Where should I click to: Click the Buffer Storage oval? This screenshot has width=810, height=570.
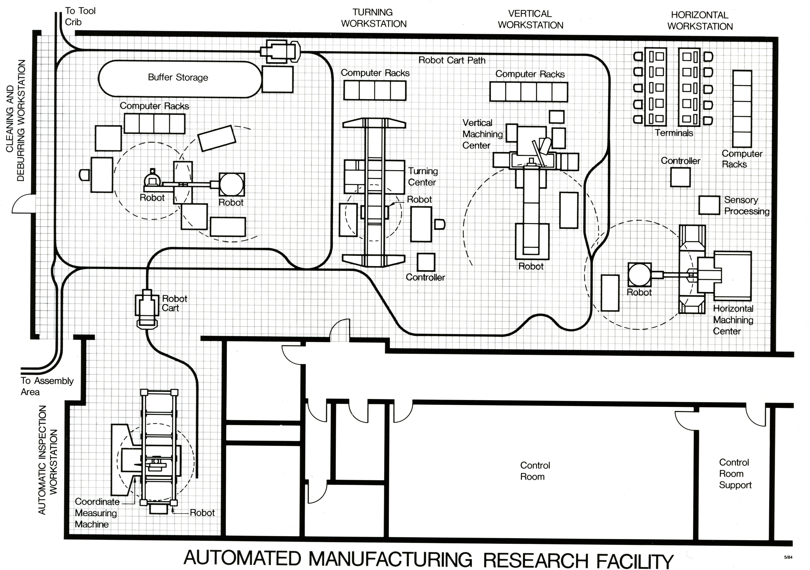click(178, 78)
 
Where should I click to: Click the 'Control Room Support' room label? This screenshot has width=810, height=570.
click(735, 474)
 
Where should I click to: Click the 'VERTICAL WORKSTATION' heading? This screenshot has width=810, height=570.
click(530, 19)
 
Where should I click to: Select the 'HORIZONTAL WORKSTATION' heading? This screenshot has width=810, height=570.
click(700, 21)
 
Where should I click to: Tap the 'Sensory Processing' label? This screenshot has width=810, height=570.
click(746, 205)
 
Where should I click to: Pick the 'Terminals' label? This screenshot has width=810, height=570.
click(674, 133)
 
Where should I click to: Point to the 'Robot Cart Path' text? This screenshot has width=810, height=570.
click(452, 60)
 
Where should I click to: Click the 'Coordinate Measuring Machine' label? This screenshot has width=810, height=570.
click(96, 513)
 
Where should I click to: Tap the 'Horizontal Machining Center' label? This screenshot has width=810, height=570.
click(733, 320)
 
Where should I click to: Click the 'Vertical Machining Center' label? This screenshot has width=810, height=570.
click(482, 134)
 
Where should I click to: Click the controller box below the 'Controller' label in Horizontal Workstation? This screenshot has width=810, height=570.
click(680, 177)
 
